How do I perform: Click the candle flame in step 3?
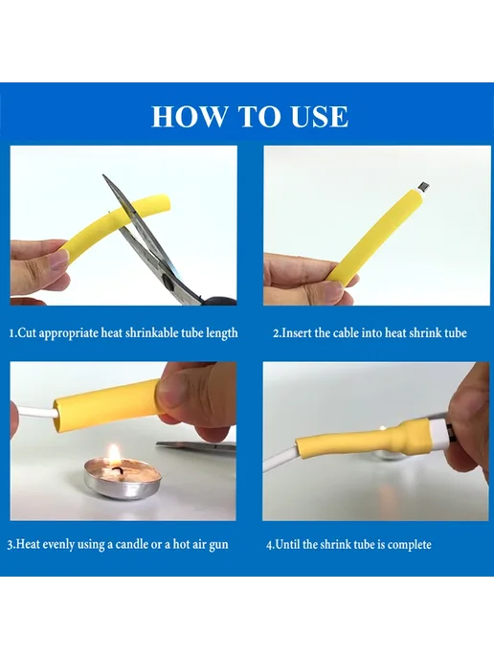pos(113,456)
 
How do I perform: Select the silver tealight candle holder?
pos(123,479)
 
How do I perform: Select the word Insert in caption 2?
pos(297,333)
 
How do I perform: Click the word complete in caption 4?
pos(409,545)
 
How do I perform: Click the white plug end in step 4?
pos(436,434)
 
